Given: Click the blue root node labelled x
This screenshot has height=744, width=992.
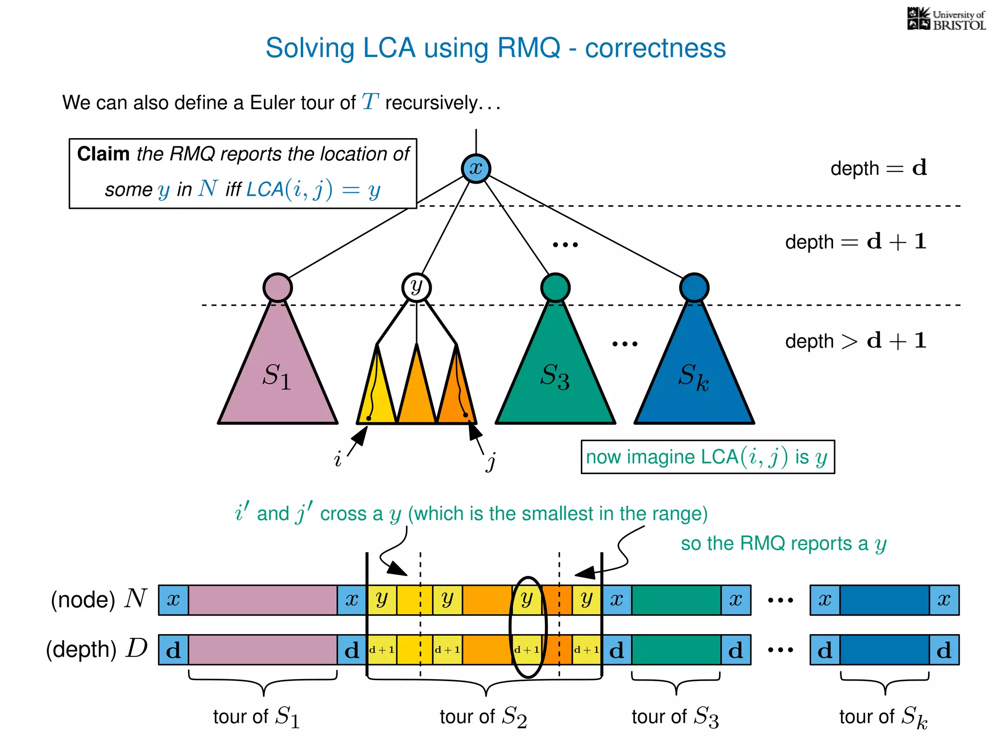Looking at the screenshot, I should (x=476, y=169).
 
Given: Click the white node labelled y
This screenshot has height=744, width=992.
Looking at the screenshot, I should (x=416, y=287).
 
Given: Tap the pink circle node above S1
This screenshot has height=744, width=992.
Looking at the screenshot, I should (x=278, y=287).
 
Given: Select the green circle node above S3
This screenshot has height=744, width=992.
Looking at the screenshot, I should (x=555, y=287).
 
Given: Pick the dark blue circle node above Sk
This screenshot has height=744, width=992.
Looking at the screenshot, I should (x=694, y=287).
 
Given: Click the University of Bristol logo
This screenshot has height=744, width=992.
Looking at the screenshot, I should (x=946, y=19).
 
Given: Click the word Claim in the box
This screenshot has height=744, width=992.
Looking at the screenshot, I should (x=103, y=154).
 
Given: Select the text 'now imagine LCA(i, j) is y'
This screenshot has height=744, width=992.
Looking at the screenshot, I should (x=707, y=457).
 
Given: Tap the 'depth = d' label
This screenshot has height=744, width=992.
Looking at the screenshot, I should (x=878, y=168).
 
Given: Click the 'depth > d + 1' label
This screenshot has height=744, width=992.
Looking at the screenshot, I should (x=855, y=341).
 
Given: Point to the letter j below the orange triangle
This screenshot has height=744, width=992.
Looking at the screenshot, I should (x=491, y=461).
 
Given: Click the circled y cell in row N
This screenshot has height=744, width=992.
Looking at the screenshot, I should (x=527, y=600).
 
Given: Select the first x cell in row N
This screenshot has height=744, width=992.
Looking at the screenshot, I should (x=173, y=600).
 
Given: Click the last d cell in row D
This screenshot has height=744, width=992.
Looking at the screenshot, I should (x=944, y=650).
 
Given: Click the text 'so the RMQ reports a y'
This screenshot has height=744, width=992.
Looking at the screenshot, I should (x=783, y=543).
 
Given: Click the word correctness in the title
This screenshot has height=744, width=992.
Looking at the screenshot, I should (x=655, y=48).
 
